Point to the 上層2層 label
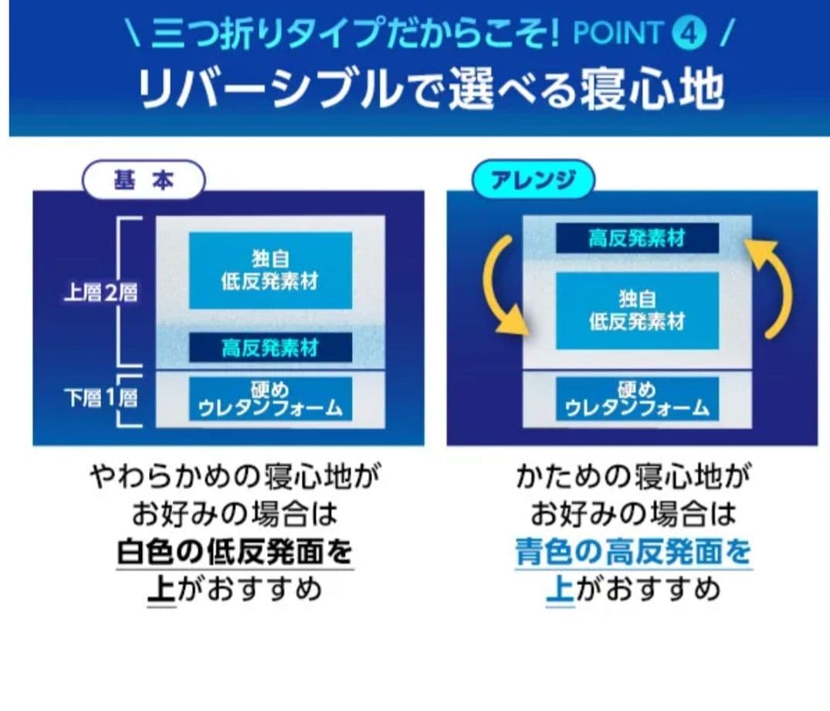point(100,293)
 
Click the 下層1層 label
point(100,399)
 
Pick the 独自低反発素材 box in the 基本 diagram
point(270,270)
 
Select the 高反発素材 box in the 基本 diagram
point(270,348)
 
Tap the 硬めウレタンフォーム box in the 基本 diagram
point(270,399)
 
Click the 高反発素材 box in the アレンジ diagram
point(637,238)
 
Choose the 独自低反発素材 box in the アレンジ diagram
point(637,310)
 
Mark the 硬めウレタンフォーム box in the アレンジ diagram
point(637,399)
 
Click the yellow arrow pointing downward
point(502,286)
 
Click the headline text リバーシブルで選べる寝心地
point(430,91)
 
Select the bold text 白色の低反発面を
point(235,553)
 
